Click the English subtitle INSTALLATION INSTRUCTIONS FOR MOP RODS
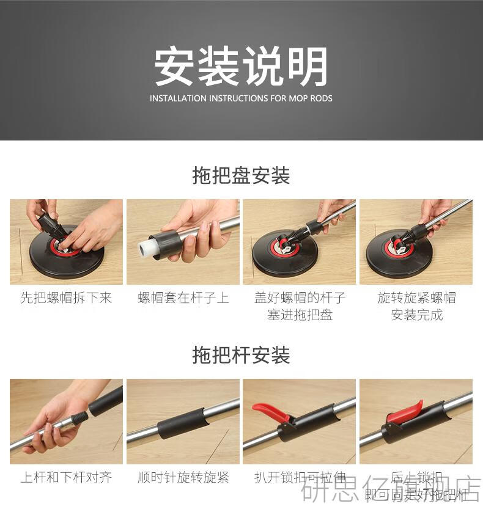pos(241,98)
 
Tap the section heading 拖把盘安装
pos(241,176)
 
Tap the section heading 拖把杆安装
pos(241,355)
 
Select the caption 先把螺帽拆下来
pos(66,298)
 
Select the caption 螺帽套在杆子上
pos(183,298)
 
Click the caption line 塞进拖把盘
pos(300,315)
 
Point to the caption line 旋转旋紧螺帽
pos(416,298)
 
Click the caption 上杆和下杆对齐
pos(66,477)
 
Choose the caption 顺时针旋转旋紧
pos(183,477)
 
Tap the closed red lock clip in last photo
pos(404,411)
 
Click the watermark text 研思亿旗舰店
pos(391,492)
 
